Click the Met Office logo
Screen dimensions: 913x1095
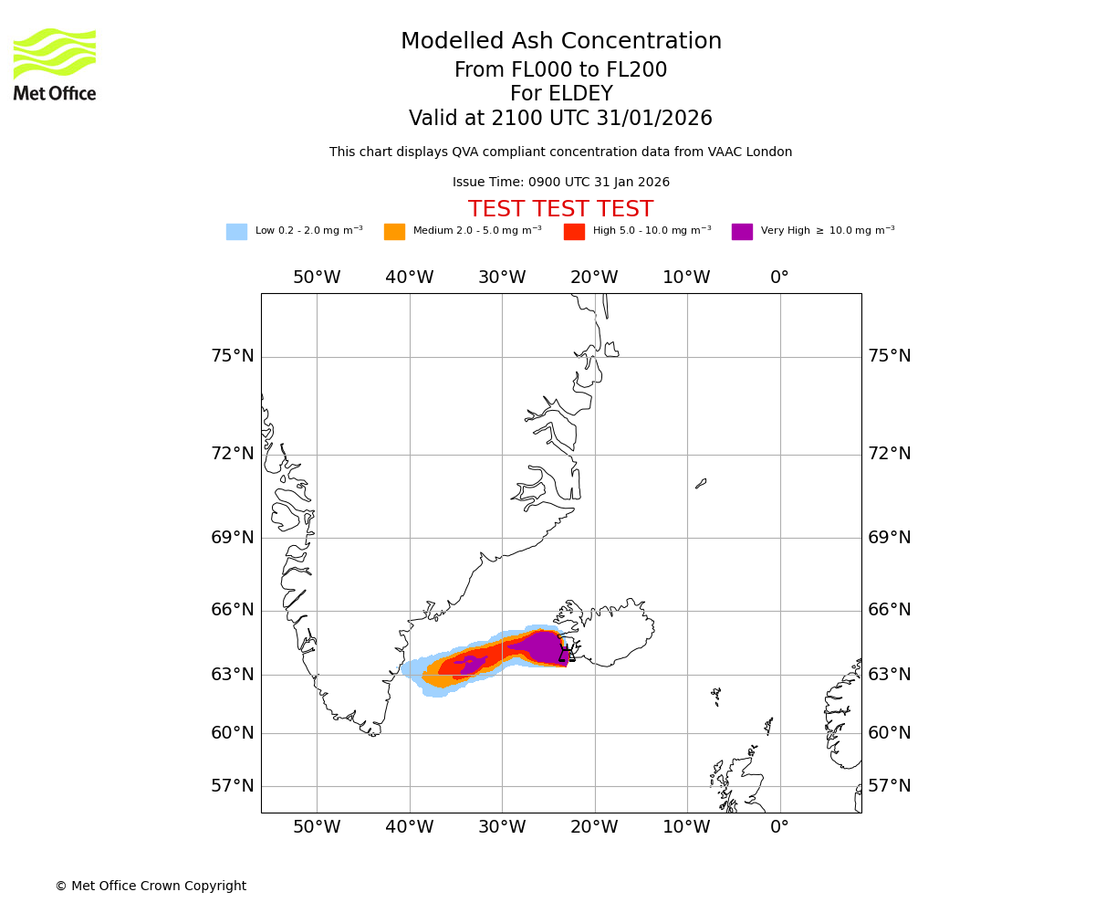55,64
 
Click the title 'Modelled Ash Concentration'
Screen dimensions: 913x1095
561,42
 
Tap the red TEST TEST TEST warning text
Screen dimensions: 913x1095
560,209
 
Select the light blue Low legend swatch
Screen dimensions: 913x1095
236,232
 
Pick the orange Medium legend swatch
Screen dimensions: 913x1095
394,232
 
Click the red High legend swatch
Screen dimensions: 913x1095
574,232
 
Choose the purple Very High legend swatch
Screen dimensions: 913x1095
742,232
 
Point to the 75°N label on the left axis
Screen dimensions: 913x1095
233,356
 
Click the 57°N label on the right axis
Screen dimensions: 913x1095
889,786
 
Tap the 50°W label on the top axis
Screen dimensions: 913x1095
317,278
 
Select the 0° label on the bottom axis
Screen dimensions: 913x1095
779,827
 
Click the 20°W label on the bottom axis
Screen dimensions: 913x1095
594,827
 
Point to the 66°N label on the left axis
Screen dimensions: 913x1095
233,610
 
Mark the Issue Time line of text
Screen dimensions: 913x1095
560,183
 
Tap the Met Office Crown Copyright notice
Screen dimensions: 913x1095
151,887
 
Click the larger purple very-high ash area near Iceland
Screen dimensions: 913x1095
543,646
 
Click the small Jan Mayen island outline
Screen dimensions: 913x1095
701,483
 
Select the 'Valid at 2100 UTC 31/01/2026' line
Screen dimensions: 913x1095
560,119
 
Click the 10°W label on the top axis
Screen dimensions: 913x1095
686,278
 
